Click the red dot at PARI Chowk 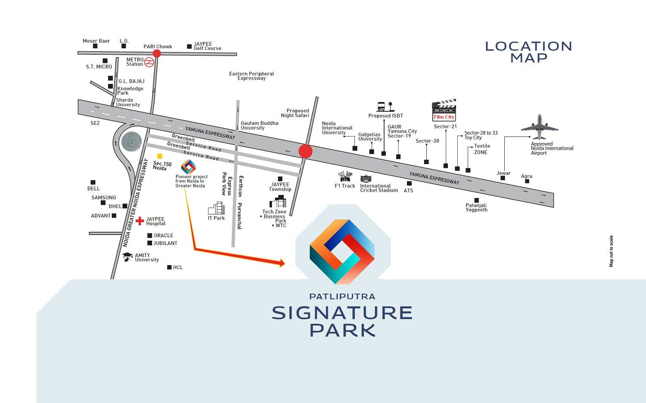(157, 53)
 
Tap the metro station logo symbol (149, 62)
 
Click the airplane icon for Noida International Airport (539, 127)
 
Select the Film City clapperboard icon (444, 110)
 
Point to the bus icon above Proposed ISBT (381, 106)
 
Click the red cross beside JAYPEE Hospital (140, 221)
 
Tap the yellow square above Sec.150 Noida (160, 156)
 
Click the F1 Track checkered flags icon (345, 176)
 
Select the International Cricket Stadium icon (366, 179)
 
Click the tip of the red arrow (284, 263)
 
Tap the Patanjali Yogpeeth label (476, 208)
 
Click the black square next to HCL (169, 267)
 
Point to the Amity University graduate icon (127, 257)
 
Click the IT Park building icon (217, 208)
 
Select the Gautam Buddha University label (259, 125)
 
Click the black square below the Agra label (527, 181)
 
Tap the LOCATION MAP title (528, 52)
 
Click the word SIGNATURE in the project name (342, 313)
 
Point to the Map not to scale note (611, 251)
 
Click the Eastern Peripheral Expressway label (252, 76)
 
